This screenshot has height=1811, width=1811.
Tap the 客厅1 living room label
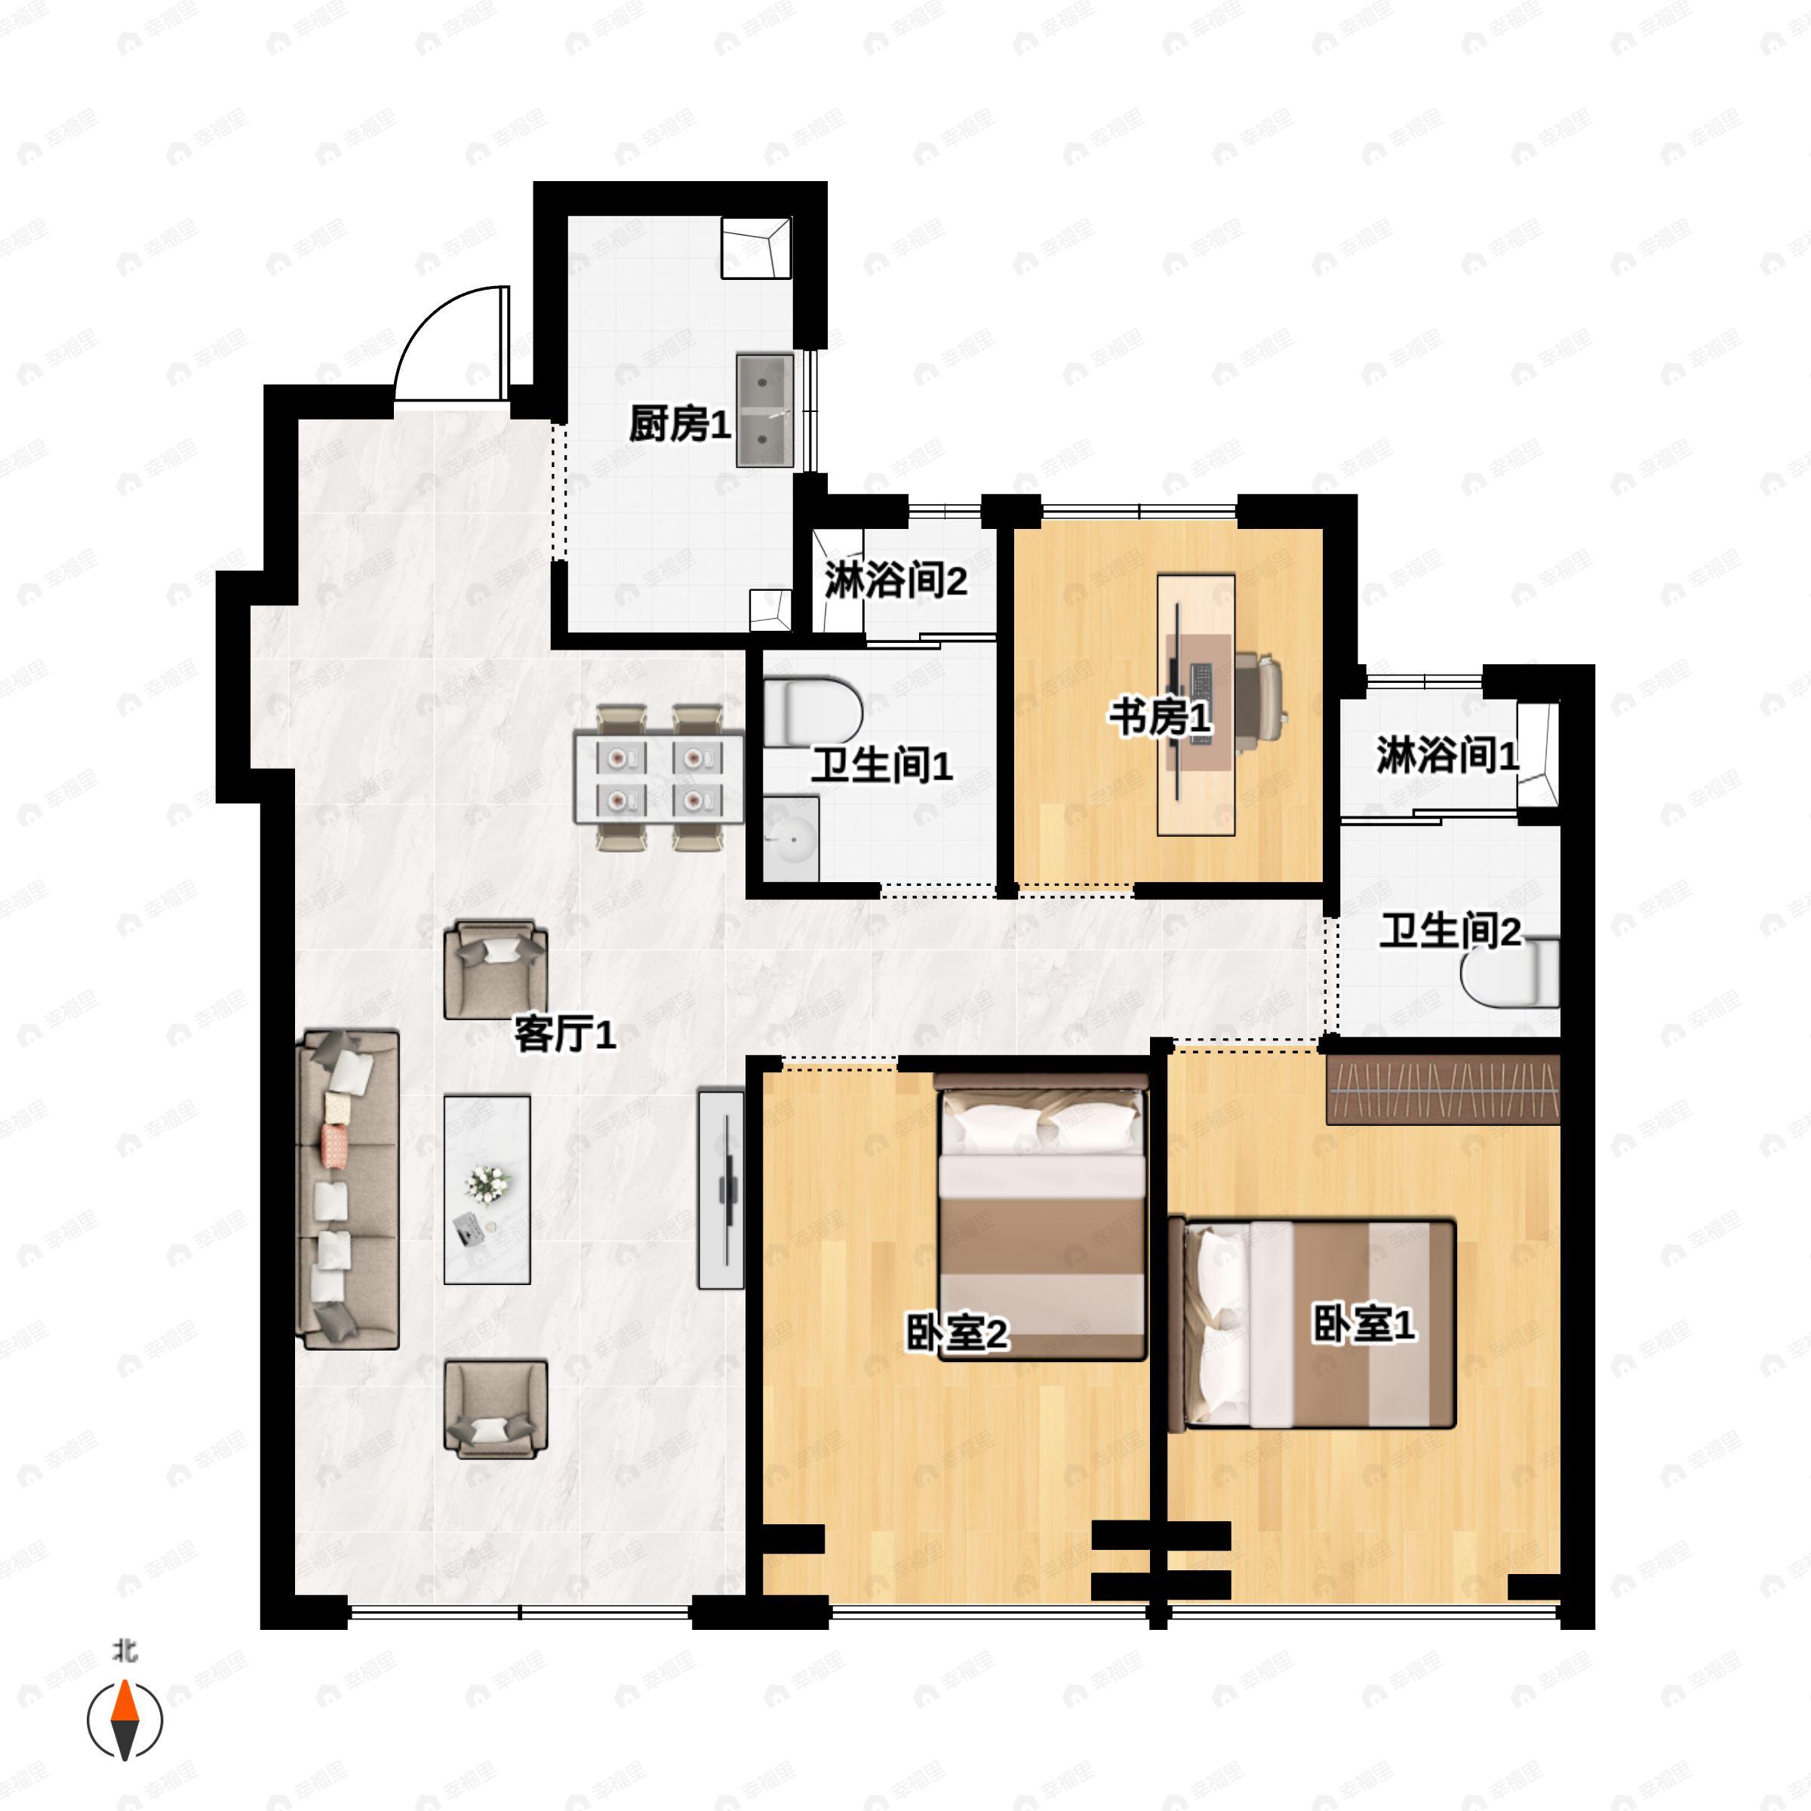tap(565, 1035)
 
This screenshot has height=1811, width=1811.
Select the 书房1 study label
tap(1161, 719)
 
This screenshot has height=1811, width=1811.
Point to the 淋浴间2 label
tap(895, 581)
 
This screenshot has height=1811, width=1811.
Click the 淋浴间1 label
tap(1447, 755)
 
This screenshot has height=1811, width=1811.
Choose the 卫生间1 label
tap(882, 766)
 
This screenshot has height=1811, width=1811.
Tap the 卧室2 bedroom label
tap(956, 1334)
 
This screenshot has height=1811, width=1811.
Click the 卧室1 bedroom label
tap(1363, 1324)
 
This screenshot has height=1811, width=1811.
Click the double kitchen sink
tap(765, 410)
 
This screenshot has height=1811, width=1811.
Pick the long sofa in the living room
tap(348, 1191)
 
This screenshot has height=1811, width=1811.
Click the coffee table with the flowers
tap(487, 1189)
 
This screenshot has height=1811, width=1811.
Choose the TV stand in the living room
tap(721, 1188)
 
